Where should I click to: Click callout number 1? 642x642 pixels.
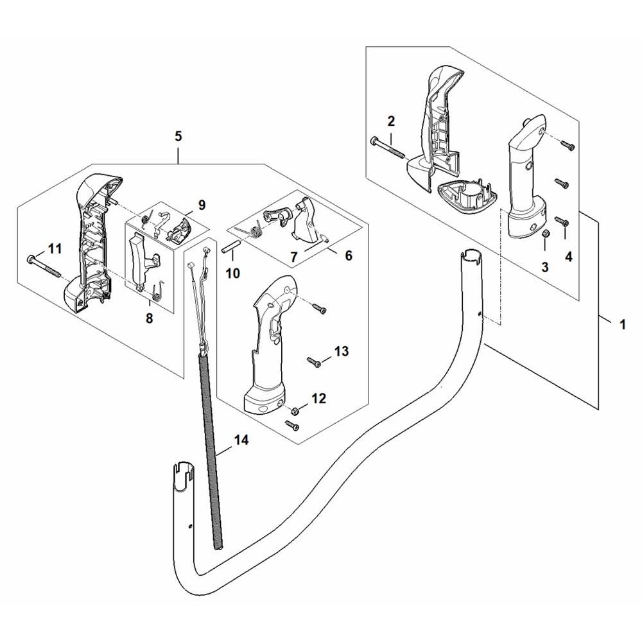623,325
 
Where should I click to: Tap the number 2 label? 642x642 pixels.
391,121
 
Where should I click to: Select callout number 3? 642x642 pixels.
544,267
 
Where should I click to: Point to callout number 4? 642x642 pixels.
568,257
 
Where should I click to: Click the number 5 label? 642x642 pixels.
178,136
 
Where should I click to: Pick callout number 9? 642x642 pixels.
202,205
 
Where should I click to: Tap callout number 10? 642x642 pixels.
233,273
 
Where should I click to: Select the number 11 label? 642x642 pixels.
55,248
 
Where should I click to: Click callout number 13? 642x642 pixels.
341,351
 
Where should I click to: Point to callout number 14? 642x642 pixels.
241,440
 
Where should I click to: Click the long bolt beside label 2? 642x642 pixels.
387,148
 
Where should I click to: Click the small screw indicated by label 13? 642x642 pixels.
315,362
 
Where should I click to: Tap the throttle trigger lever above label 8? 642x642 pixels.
144,259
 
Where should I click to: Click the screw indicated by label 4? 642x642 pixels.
560,221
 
